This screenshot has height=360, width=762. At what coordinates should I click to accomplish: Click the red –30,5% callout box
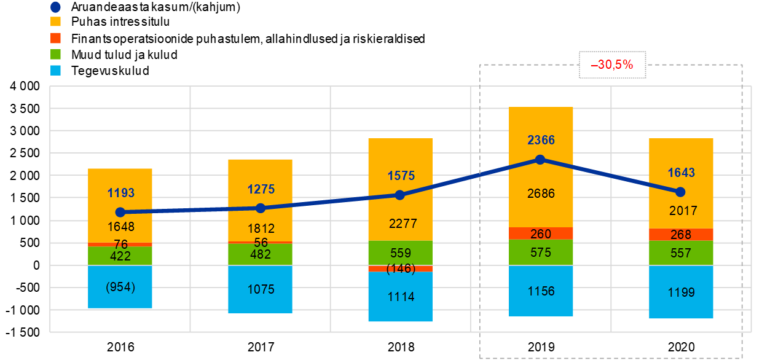[x=612, y=64]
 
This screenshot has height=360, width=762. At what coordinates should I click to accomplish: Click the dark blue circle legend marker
[x=55, y=7]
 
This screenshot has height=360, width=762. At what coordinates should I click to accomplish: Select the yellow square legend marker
[x=55, y=22]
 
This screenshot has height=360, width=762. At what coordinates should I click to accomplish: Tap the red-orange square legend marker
[x=55, y=38]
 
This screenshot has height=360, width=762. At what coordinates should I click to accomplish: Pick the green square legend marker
[x=55, y=54]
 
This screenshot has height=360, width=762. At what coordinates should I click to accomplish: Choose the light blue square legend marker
[x=55, y=70]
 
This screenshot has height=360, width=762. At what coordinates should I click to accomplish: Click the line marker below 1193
[x=120, y=213]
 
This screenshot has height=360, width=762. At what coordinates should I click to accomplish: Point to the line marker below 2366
[x=540, y=160]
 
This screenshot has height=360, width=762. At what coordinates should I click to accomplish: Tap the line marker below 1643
[x=680, y=192]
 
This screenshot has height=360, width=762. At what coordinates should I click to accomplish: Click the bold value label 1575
[x=401, y=176]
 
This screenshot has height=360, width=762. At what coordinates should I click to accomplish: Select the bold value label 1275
[x=261, y=189]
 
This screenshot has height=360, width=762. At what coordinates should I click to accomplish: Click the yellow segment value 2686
[x=541, y=194]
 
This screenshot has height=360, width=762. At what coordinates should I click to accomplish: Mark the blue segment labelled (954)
[x=120, y=287]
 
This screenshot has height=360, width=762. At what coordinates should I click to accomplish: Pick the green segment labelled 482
[x=261, y=254]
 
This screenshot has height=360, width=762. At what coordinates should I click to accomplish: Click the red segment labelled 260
[x=541, y=233]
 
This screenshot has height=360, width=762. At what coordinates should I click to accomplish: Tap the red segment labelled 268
[x=681, y=235]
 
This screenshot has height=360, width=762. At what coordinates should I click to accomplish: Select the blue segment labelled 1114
[x=401, y=297]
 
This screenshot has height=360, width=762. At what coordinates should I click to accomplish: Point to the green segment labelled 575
[x=541, y=252]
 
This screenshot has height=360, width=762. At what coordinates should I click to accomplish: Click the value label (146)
[x=401, y=268]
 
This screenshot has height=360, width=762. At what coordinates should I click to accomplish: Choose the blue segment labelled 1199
[x=681, y=292]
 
